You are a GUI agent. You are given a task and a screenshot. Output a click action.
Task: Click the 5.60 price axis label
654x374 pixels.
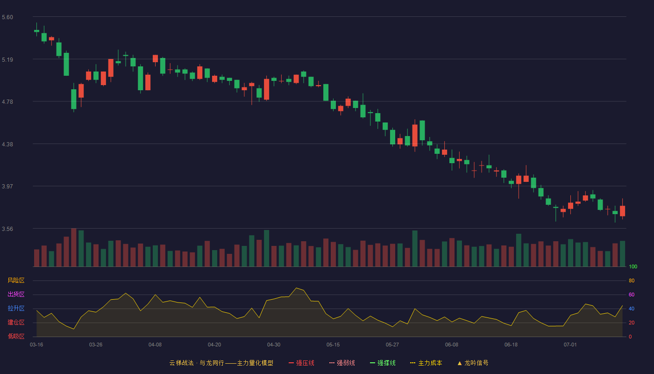click(7, 17)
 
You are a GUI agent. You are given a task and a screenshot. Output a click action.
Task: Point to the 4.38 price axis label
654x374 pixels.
click(7, 144)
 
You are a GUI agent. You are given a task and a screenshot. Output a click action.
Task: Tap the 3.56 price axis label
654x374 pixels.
click(7, 229)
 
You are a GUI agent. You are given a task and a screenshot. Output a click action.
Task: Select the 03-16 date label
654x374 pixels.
click(36, 345)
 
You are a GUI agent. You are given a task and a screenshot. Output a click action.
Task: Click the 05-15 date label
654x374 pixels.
click(333, 345)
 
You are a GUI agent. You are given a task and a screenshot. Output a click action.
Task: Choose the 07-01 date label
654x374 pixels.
click(570, 345)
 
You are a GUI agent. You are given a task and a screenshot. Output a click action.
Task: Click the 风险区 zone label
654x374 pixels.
click(16, 280)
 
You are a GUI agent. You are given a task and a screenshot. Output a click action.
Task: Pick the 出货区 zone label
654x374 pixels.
click(16, 294)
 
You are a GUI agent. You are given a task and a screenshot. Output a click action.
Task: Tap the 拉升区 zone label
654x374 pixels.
click(16, 308)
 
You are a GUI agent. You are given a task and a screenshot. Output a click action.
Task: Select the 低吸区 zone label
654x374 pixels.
click(16, 336)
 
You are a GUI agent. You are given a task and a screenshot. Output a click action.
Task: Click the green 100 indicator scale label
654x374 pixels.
click(633, 266)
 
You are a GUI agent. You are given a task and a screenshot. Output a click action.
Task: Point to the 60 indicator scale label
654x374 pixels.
click(632, 295)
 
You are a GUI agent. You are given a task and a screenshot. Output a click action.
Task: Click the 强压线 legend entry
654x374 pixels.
click(302, 363)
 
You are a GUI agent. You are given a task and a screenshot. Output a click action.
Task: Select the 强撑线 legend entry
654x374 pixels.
click(383, 363)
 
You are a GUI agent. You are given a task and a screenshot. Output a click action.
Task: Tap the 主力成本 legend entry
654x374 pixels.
click(426, 363)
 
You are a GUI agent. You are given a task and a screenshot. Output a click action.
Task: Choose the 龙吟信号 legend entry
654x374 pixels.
click(473, 363)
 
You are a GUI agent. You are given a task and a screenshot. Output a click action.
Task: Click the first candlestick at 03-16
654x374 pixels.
click(36, 31)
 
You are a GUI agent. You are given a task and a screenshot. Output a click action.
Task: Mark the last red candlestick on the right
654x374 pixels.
click(622, 211)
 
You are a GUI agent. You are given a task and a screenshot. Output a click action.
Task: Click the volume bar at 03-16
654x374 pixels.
click(36, 258)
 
